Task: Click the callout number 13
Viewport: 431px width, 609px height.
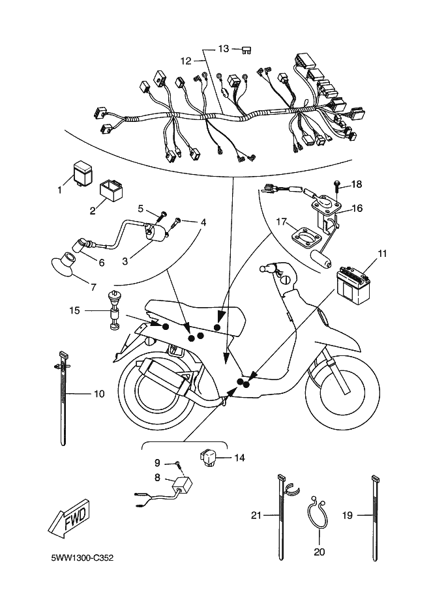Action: tap(224, 49)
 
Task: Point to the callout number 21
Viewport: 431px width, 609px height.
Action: tap(256, 515)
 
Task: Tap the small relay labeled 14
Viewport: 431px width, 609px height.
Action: tap(210, 458)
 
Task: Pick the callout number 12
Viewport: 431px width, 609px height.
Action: tap(186, 61)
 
